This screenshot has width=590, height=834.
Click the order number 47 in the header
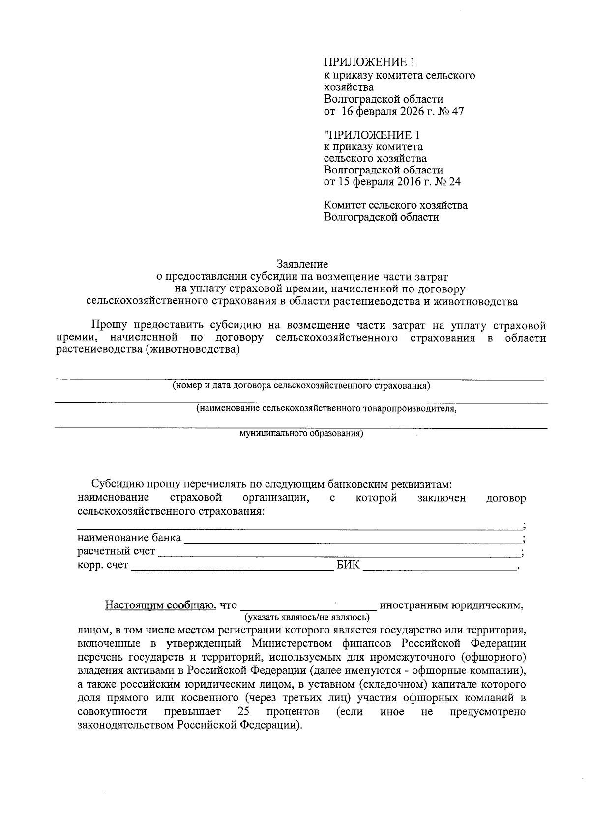457,112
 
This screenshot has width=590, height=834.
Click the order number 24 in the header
454,182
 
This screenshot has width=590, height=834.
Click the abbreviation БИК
348,566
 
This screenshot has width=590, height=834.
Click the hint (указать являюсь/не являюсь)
307,616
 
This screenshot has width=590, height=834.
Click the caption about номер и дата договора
301,386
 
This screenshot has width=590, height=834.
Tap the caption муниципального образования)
301,434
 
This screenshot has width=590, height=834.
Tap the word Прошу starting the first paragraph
108,325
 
